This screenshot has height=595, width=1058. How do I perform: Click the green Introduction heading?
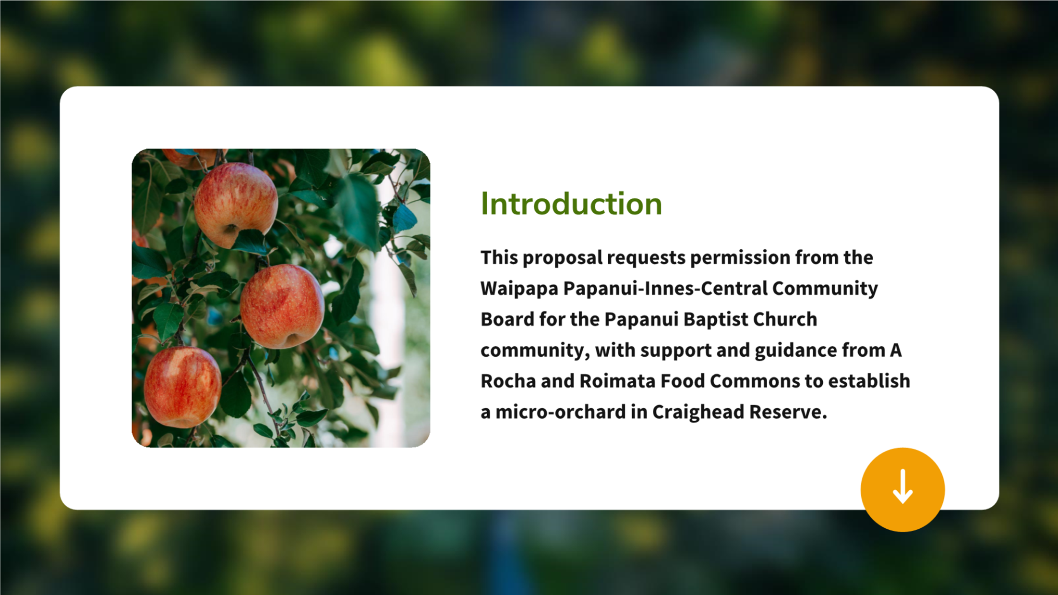coord(571,204)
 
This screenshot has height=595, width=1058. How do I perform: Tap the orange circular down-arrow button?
coord(902,489)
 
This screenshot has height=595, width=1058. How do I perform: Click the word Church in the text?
coord(785,319)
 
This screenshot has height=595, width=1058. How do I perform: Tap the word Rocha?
coord(508,381)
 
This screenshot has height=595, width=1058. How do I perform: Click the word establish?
coord(869,381)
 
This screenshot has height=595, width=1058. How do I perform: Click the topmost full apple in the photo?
coord(235,205)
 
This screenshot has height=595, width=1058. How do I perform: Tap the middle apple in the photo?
coord(282,306)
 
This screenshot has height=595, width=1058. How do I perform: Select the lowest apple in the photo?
coord(182,387)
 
